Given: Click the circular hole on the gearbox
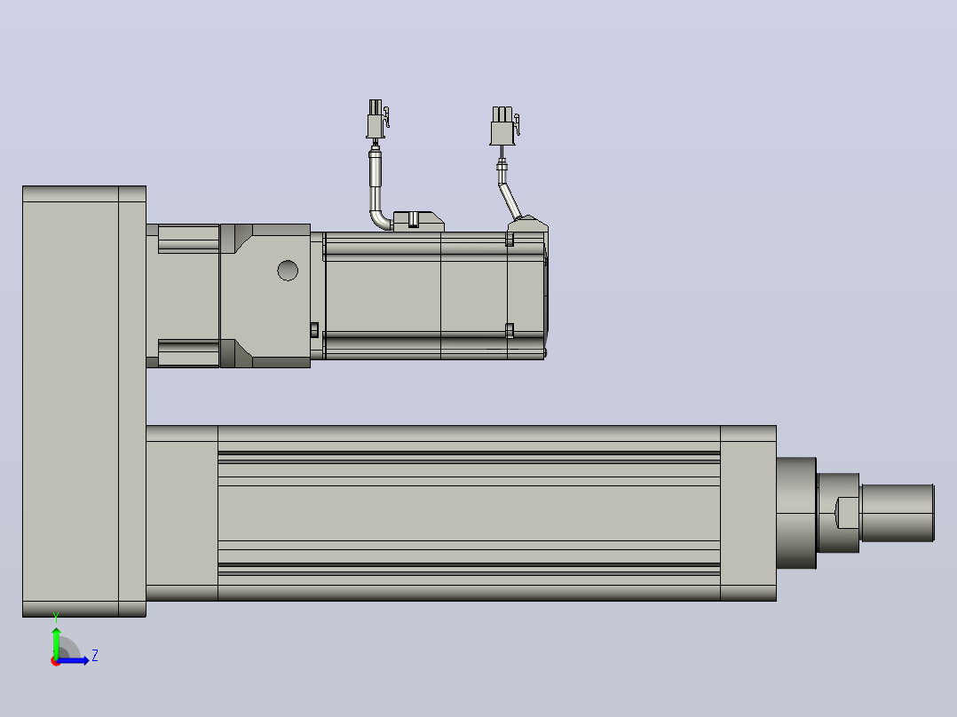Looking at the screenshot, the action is pyautogui.click(x=288, y=271).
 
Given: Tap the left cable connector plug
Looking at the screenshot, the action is pyautogui.click(x=377, y=120).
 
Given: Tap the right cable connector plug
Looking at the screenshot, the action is pyautogui.click(x=504, y=127).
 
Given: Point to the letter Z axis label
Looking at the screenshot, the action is pyautogui.click(x=95, y=656).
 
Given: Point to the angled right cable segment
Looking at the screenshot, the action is pyautogui.click(x=510, y=201).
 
